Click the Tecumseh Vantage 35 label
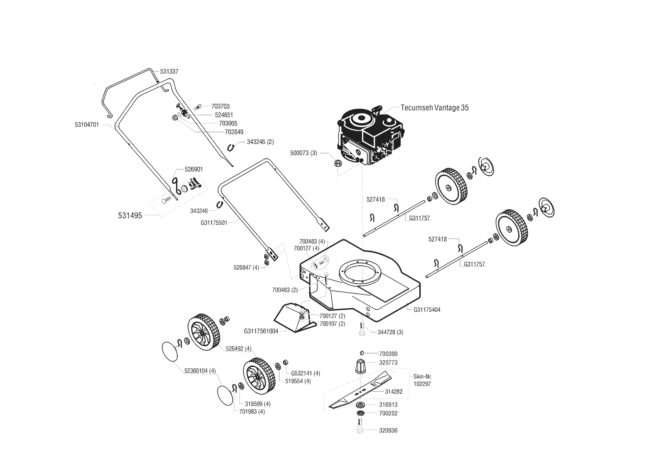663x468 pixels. pyautogui.click(x=434, y=108)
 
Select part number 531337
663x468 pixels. pyautogui.click(x=169, y=72)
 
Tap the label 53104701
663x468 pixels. pyautogui.click(x=87, y=124)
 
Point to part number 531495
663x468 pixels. pyautogui.click(x=130, y=216)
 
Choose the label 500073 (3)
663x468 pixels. pyautogui.click(x=303, y=153)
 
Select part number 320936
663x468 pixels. pyautogui.click(x=388, y=431)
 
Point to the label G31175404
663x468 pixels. pyautogui.click(x=427, y=310)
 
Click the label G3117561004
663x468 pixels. pyautogui.click(x=261, y=331)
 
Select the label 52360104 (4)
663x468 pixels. pyautogui.click(x=200, y=371)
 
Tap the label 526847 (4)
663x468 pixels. pyautogui.click(x=246, y=267)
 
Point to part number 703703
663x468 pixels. pyautogui.click(x=220, y=107)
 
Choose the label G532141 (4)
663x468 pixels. pyautogui.click(x=305, y=373)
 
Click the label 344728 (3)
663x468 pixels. pyautogui.click(x=390, y=332)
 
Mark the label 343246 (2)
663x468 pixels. pyautogui.click(x=260, y=142)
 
